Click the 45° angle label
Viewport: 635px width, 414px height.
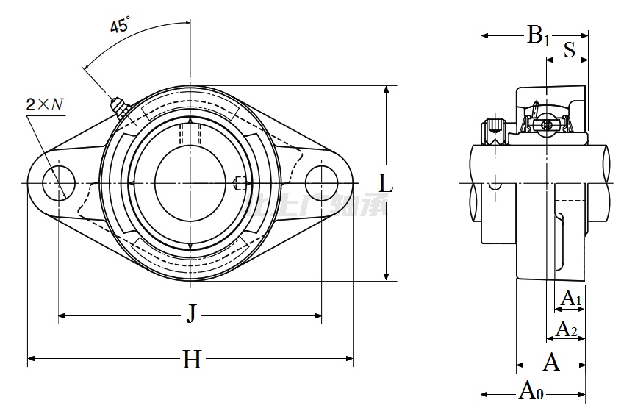120,26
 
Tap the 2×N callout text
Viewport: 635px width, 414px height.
45,104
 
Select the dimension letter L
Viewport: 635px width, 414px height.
385,184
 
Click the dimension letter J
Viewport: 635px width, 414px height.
190,315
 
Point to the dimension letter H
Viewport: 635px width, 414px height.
192,360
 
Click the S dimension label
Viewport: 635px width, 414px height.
570,51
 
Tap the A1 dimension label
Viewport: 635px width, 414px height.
571,299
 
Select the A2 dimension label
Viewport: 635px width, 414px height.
566,329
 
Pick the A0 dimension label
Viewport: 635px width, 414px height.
531,390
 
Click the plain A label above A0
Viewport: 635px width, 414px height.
550,362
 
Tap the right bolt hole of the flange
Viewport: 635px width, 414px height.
322,182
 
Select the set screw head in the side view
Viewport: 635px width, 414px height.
493,132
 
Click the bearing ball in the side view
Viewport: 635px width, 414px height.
546,125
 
